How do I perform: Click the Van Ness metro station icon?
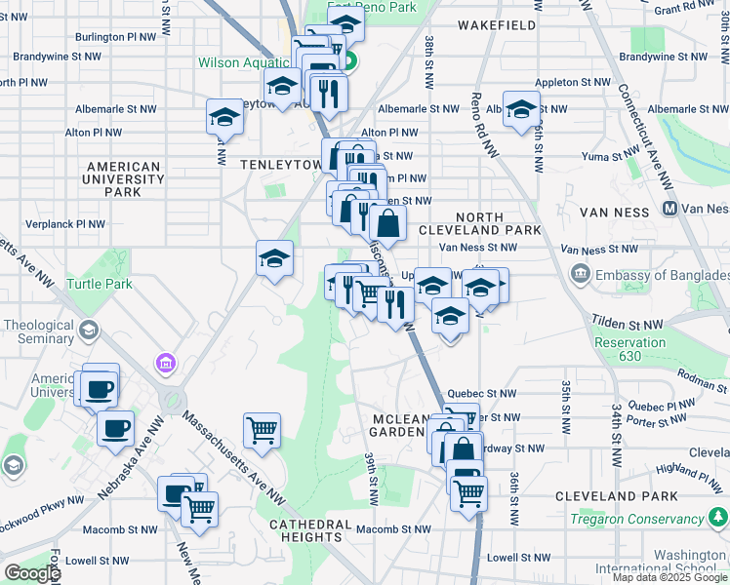pos(670,208)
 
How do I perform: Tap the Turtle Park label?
pos(99,284)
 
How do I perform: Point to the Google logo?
pos(31,573)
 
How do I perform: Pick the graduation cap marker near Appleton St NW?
pos(521,111)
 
